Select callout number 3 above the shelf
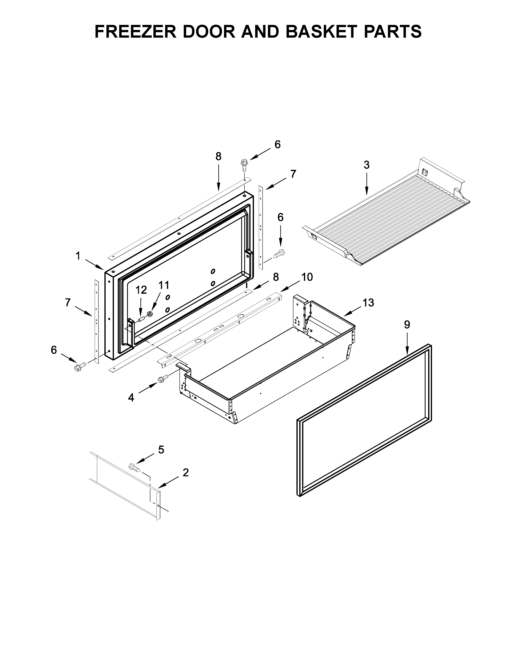click(x=366, y=165)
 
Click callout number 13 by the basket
click(x=368, y=303)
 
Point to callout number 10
click(x=307, y=277)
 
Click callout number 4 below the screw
click(x=131, y=398)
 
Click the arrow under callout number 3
click(x=366, y=184)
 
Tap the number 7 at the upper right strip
click(x=293, y=174)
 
